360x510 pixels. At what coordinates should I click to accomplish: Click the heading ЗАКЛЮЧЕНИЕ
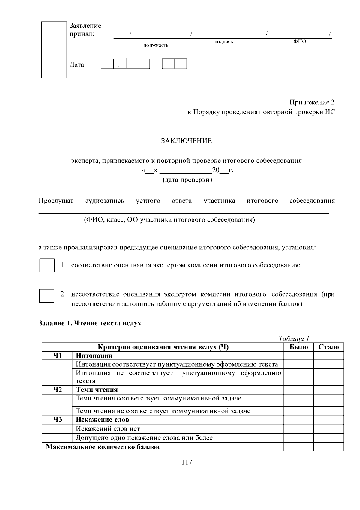click(186, 141)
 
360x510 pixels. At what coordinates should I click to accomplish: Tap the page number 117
click(187, 462)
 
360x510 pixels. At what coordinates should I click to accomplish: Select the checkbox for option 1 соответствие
click(47, 265)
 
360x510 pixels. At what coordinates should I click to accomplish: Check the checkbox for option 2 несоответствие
click(47, 296)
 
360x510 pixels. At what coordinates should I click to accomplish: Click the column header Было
click(298, 347)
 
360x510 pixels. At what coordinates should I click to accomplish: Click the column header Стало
click(328, 347)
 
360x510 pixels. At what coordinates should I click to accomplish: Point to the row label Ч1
click(57, 355)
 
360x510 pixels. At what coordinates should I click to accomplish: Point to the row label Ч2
click(57, 390)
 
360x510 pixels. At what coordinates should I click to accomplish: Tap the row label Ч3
click(57, 419)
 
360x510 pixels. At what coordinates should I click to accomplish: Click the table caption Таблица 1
click(294, 339)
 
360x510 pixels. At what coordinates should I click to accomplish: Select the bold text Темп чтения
click(97, 390)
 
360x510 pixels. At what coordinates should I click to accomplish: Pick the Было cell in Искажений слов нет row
click(298, 429)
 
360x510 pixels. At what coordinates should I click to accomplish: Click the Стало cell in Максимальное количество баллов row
click(328, 447)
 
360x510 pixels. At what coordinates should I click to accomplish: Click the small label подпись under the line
click(223, 42)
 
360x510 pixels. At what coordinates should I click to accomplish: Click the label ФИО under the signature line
click(299, 41)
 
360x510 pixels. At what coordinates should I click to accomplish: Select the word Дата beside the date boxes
click(77, 65)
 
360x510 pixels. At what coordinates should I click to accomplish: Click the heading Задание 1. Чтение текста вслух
click(90, 323)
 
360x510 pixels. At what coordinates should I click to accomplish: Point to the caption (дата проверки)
click(187, 180)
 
